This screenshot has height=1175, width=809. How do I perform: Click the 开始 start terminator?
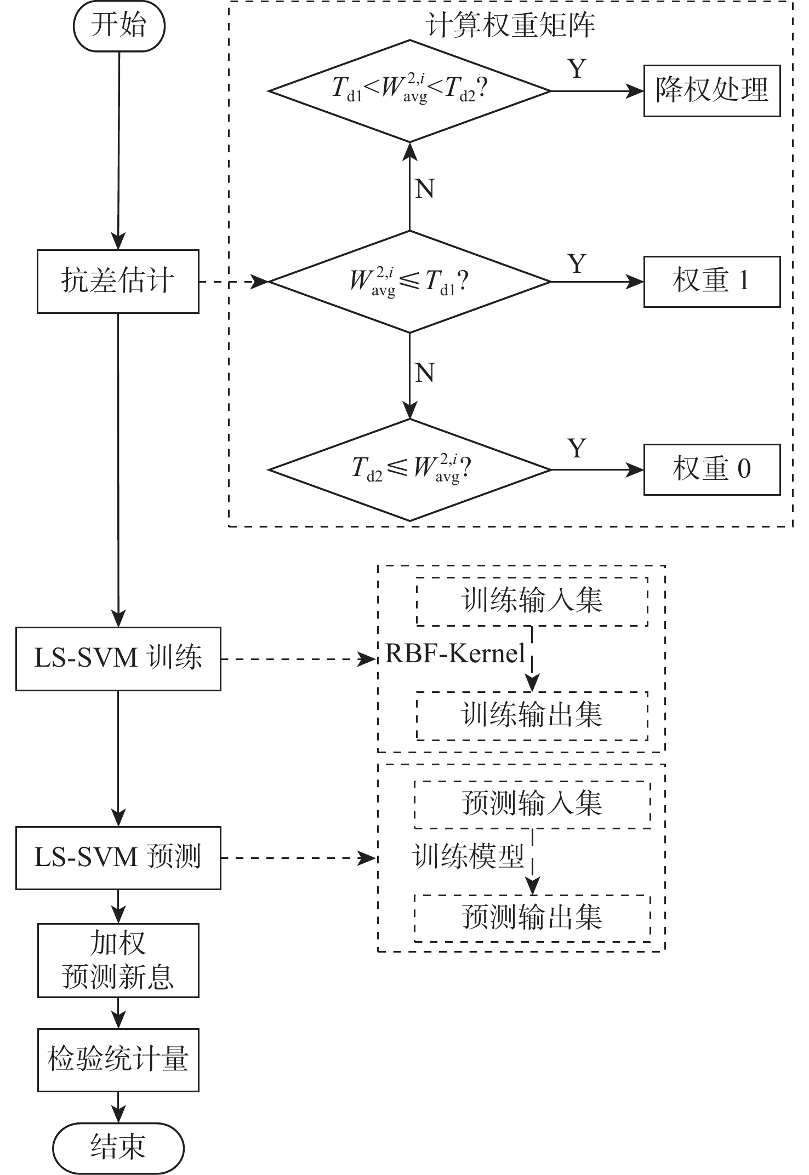(119, 26)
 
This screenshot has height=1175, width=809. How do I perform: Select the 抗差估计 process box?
(118, 282)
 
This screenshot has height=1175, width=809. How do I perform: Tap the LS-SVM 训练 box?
(118, 658)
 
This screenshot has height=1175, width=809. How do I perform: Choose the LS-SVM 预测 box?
(118, 858)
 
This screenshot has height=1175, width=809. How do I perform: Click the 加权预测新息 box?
(118, 960)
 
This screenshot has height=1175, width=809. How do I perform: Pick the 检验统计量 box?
(118, 1059)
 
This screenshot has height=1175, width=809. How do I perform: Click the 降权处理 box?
(711, 91)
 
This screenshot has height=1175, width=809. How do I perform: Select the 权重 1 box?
(711, 282)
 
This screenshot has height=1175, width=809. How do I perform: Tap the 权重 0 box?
(711, 469)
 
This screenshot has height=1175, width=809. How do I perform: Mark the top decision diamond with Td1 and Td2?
(409, 91)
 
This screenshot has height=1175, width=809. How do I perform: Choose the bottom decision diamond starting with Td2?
(409, 469)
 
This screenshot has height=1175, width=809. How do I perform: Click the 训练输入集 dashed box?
(532, 601)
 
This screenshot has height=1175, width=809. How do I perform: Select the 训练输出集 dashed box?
(532, 716)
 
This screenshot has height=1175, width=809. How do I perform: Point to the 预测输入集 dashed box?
(532, 804)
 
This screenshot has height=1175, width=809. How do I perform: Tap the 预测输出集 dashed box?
(532, 918)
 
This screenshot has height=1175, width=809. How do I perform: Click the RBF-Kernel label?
(455, 654)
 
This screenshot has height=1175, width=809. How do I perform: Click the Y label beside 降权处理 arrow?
(577, 69)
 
